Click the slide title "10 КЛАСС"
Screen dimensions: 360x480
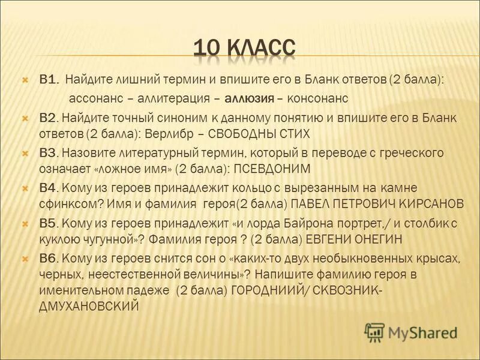point(245,47)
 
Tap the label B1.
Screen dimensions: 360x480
point(49,79)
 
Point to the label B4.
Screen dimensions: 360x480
point(49,188)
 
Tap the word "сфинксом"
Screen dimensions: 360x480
point(64,203)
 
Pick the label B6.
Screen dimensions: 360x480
point(49,259)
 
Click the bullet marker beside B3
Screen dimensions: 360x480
point(26,153)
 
